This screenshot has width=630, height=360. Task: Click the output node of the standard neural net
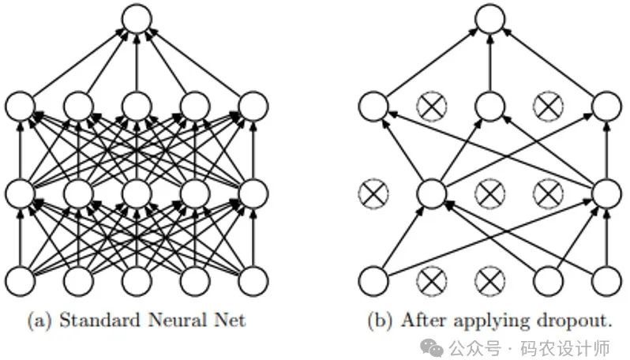(x=137, y=18)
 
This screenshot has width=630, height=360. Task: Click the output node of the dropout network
(x=489, y=18)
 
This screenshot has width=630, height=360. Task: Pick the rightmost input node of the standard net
(x=253, y=279)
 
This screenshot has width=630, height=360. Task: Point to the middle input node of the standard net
(x=137, y=279)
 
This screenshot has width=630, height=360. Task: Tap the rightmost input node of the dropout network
(x=606, y=279)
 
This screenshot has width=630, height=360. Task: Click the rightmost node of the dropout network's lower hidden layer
(x=606, y=192)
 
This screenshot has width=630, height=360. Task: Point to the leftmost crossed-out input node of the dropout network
(x=431, y=279)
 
